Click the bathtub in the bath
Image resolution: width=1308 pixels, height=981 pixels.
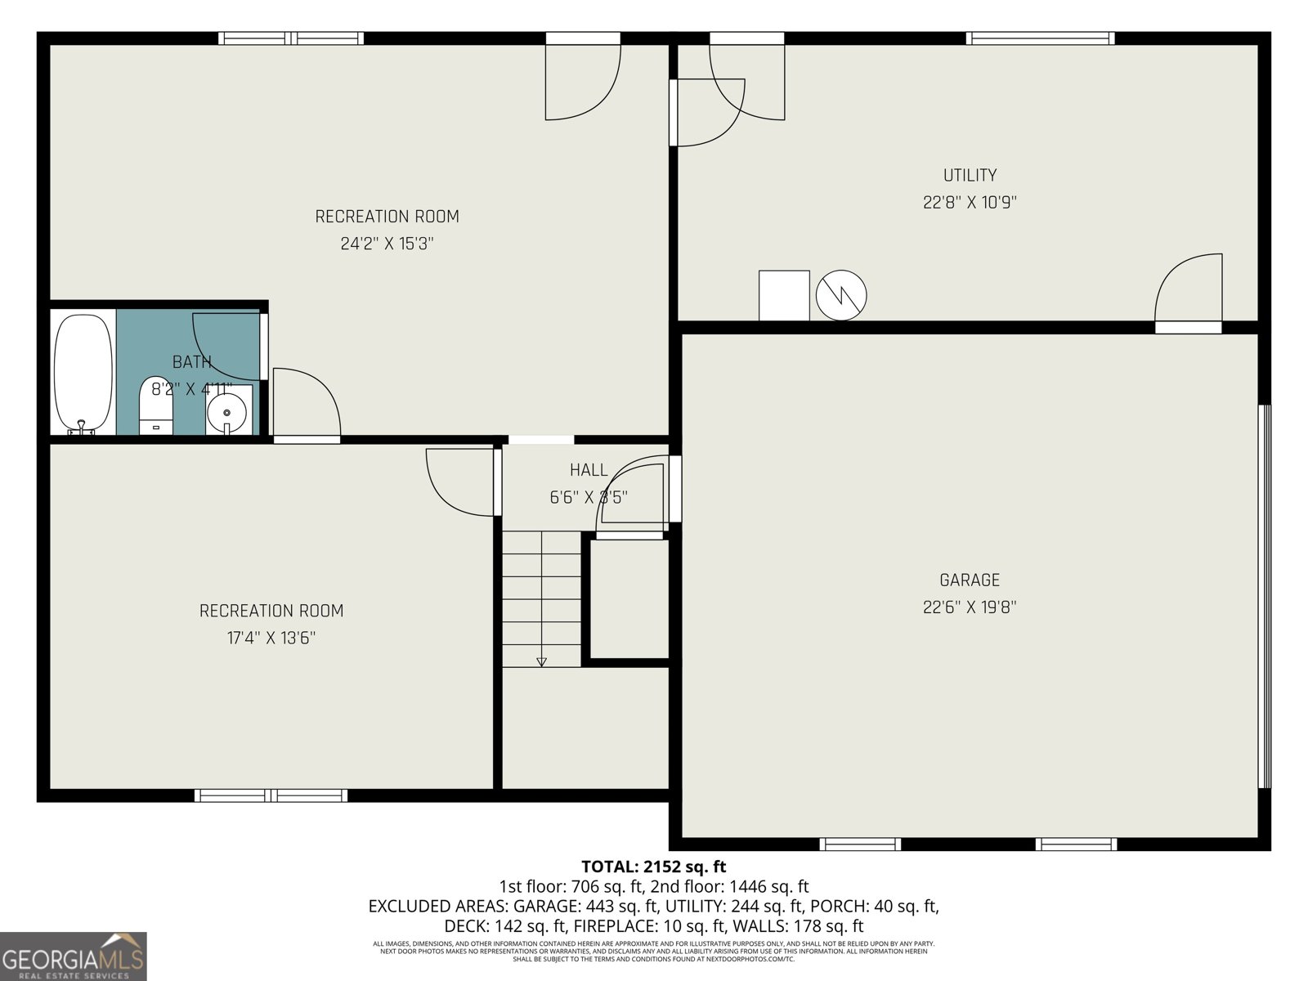pyautogui.click(x=83, y=373)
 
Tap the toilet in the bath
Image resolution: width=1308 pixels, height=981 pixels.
pyautogui.click(x=156, y=405)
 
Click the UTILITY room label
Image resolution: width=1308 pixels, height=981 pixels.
pyautogui.click(x=970, y=175)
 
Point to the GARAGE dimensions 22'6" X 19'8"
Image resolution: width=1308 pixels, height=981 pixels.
pyautogui.click(x=970, y=607)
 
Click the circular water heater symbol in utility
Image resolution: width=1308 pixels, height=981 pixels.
pyautogui.click(x=841, y=295)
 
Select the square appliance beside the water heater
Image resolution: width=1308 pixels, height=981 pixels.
pyautogui.click(x=784, y=295)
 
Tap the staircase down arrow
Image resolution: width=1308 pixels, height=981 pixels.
pyautogui.click(x=541, y=661)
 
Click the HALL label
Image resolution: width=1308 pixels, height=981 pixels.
pyautogui.click(x=589, y=470)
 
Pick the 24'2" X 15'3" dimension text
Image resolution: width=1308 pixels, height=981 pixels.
pyautogui.click(x=387, y=244)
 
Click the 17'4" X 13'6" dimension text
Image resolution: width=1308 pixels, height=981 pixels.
pyautogui.click(x=271, y=638)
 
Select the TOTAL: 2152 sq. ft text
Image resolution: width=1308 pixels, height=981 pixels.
pyautogui.click(x=653, y=867)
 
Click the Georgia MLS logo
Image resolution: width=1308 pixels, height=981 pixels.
pyautogui.click(x=74, y=956)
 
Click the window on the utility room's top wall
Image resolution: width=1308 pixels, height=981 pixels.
pyautogui.click(x=1040, y=38)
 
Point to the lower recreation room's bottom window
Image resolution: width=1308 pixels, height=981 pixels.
pyautogui.click(x=271, y=795)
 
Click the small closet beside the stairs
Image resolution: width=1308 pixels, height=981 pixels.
pyautogui.click(x=629, y=597)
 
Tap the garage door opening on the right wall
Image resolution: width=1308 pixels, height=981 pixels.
pyautogui.click(x=1265, y=597)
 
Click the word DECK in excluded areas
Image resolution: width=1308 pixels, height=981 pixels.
pyautogui.click(x=464, y=926)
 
